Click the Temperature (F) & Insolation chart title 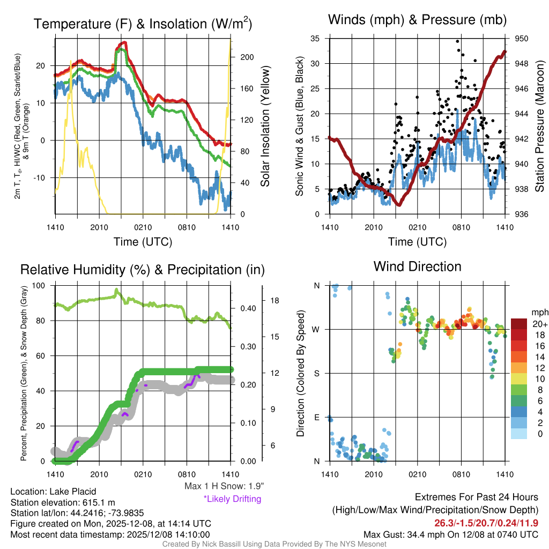tap(143, 24)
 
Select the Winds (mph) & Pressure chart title tap(418, 20)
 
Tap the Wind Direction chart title tap(417, 266)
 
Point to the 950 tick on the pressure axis tap(522, 39)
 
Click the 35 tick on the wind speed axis tap(315, 39)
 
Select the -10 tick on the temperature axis tap(41, 177)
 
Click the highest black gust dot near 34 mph tap(457, 41)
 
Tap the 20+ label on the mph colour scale tap(540, 324)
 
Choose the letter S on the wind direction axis tap(317, 373)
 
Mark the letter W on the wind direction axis tap(317, 329)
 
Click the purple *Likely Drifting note tap(232, 499)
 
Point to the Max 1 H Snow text tap(224, 486)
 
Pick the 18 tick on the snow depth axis tap(273, 301)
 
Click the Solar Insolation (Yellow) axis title tap(265, 127)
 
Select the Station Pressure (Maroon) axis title tap(540, 127)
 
